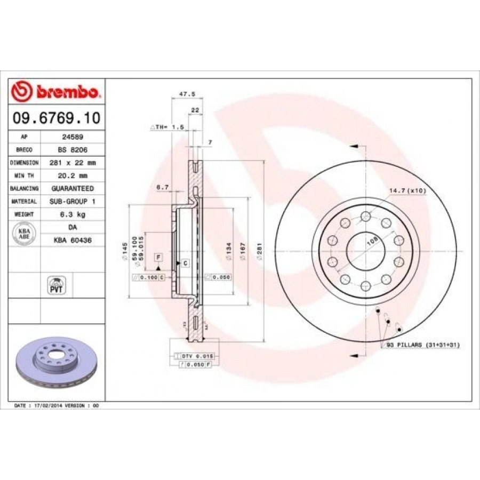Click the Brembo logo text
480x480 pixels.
67,92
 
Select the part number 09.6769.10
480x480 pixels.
56,118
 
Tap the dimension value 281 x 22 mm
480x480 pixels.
73,163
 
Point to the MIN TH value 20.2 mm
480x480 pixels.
73,175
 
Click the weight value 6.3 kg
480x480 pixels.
73,214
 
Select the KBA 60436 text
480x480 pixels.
73,241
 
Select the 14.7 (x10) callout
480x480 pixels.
407,190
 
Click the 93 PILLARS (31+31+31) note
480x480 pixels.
423,345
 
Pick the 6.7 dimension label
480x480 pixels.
163,187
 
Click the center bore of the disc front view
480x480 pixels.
365,251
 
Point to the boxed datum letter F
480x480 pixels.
158,257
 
